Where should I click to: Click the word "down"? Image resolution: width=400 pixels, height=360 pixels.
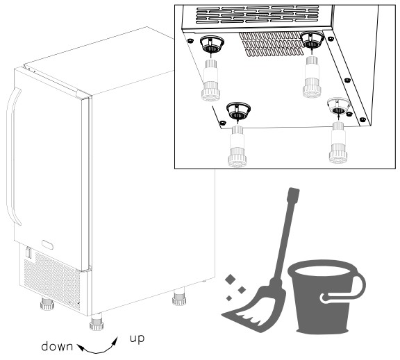(x=57, y=347)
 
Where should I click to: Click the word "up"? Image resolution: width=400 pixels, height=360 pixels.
(x=137, y=338)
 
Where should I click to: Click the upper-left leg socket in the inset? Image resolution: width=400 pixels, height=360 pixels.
(x=212, y=44)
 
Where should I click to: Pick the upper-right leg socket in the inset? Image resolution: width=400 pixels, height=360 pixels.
(x=312, y=40)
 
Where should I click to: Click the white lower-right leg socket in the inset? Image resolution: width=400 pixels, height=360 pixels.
(x=338, y=106)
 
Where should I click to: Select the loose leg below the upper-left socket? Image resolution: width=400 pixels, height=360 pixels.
(x=210, y=80)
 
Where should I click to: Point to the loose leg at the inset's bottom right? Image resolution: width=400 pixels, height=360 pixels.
(x=338, y=142)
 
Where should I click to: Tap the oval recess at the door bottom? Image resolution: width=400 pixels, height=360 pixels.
(x=48, y=245)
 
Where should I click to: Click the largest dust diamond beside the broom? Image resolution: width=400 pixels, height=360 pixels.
(x=231, y=280)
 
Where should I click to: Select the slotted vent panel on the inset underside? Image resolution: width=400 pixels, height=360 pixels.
(x=272, y=44)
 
